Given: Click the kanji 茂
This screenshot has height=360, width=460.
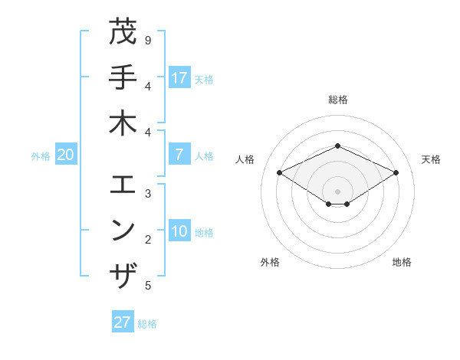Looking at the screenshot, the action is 123,32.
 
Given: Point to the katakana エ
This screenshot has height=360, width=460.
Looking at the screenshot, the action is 123,185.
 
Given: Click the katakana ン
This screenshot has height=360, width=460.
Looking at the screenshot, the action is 123,230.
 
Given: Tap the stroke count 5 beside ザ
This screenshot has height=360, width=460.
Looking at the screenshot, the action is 147,286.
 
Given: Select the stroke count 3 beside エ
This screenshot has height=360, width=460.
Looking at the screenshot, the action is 147,194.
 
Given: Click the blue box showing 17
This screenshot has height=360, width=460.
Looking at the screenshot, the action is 179,78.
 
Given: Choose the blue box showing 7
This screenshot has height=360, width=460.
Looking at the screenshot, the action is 179,155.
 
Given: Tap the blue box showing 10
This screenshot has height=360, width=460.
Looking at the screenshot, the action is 179,231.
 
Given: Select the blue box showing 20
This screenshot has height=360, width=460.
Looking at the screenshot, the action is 65,155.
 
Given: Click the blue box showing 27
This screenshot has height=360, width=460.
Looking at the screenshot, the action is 122,322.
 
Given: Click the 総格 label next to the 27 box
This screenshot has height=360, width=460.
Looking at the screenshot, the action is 147,324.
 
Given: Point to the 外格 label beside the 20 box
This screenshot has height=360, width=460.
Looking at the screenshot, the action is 41,156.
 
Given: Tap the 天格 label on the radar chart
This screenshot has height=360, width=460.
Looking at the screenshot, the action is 431,159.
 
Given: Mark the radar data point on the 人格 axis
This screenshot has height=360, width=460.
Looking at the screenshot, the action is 280,173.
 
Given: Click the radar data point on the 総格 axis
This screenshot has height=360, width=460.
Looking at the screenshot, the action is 337,146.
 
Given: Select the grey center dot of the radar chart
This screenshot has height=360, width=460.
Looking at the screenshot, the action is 337,191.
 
